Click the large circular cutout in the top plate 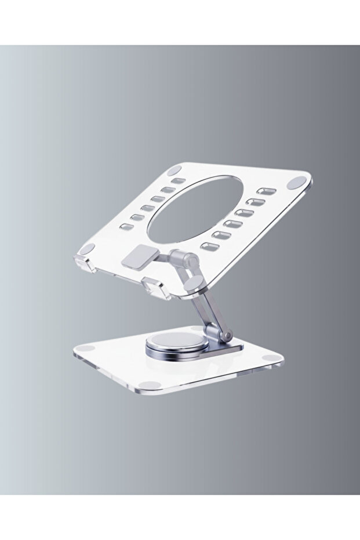coord(194,209)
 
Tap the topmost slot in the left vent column coord(179,181)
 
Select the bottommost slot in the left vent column coord(137,227)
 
